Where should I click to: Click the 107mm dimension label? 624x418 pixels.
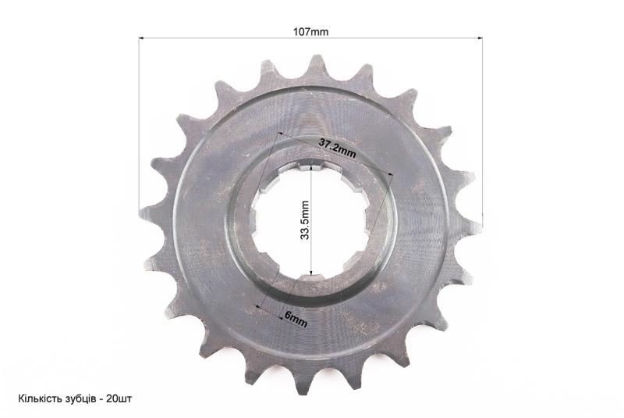click(x=310, y=32)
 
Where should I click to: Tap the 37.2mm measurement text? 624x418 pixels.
click(x=337, y=149)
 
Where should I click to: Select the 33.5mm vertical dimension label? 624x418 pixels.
click(x=305, y=220)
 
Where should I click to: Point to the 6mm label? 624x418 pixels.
click(x=296, y=319)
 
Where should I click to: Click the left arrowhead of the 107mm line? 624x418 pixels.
click(x=141, y=38)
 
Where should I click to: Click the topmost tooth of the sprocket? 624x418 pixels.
click(x=317, y=64)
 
